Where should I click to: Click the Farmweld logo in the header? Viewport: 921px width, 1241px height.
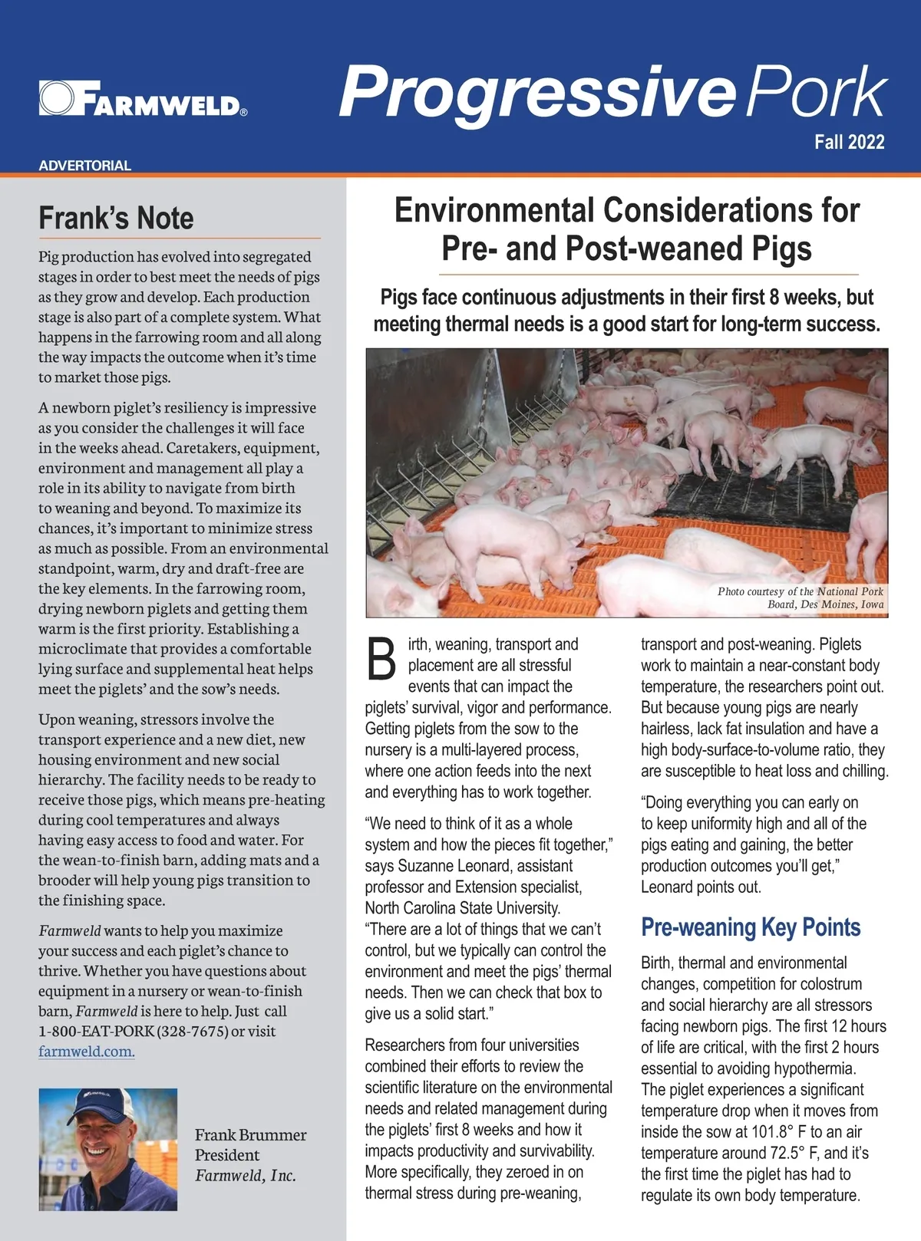143,99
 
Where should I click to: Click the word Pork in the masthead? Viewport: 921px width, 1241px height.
817,92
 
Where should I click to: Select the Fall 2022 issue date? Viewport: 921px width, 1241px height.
849,142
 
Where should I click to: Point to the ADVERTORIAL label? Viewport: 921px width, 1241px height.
84,165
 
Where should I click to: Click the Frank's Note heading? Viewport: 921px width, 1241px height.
116,218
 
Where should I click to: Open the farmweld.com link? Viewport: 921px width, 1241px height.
87,1051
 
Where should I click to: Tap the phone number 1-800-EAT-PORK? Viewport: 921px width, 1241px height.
96,1031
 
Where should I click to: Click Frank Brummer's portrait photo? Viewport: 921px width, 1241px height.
108,1149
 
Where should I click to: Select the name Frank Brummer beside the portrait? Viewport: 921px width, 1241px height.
250,1134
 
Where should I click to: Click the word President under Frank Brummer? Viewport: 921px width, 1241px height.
226,1155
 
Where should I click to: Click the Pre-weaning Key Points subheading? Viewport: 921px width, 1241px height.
750,927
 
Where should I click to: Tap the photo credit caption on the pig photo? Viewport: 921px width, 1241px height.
801,597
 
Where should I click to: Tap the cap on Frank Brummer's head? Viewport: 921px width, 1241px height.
102,1104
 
